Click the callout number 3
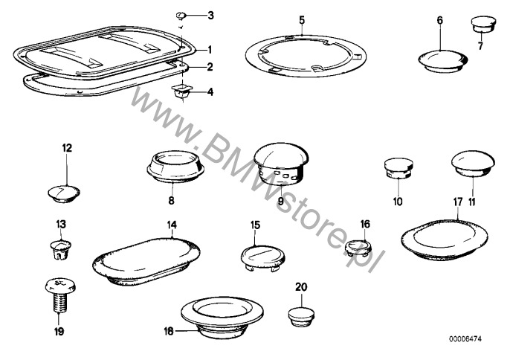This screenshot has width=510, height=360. [211, 16]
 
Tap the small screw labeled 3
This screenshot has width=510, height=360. [181, 16]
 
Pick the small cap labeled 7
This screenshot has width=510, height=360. [484, 25]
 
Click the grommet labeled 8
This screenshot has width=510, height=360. [175, 166]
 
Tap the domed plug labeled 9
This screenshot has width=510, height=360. [281, 161]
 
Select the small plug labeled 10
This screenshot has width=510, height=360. [398, 168]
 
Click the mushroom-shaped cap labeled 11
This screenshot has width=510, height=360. [473, 164]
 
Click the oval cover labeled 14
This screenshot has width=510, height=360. [146, 263]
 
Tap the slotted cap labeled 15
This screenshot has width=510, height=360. [263, 258]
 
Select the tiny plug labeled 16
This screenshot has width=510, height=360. [358, 248]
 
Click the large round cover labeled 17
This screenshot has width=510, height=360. [445, 240]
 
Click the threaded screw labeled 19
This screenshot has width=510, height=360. [59, 295]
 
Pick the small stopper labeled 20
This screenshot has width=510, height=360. [301, 315]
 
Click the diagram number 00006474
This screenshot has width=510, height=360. [465, 339]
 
